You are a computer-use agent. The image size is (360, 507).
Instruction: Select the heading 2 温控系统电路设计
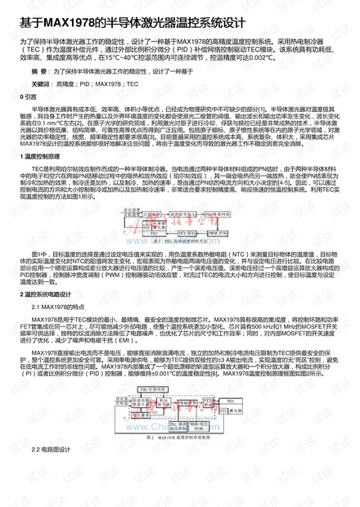coord(48,292)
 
